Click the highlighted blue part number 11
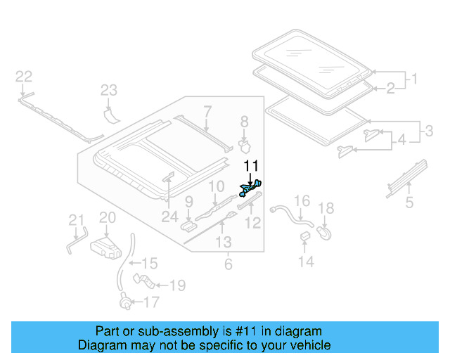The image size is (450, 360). (251, 188)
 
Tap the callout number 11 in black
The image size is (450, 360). (251, 166)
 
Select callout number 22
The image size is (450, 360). (24, 77)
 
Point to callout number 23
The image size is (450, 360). (108, 89)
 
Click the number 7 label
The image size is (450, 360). (207, 110)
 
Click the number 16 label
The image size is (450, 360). (301, 202)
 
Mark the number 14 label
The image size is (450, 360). (305, 262)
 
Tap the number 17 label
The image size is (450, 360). (150, 303)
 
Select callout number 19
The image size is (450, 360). (176, 285)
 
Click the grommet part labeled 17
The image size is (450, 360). (126, 304)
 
